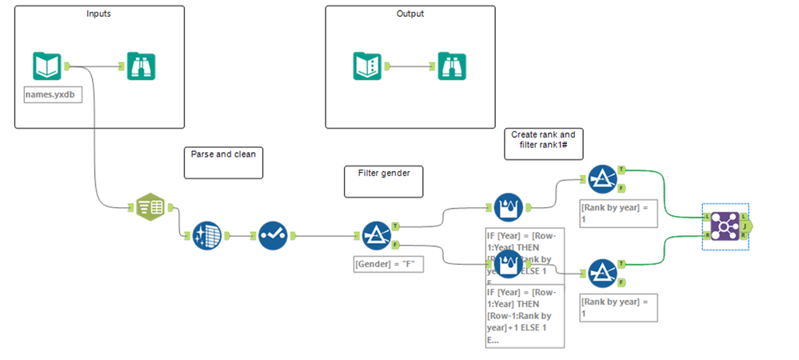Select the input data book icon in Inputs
pyautogui.click(x=47, y=66)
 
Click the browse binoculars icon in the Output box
pyautogui.click(x=452, y=66)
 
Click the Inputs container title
pyautogui.click(x=99, y=14)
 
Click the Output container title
pyautogui.click(x=410, y=14)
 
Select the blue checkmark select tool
pyautogui.click(x=273, y=236)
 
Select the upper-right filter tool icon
pyautogui.click(x=601, y=180)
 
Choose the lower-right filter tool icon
pyautogui.click(x=601, y=274)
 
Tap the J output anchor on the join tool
pyautogui.click(x=747, y=226)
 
